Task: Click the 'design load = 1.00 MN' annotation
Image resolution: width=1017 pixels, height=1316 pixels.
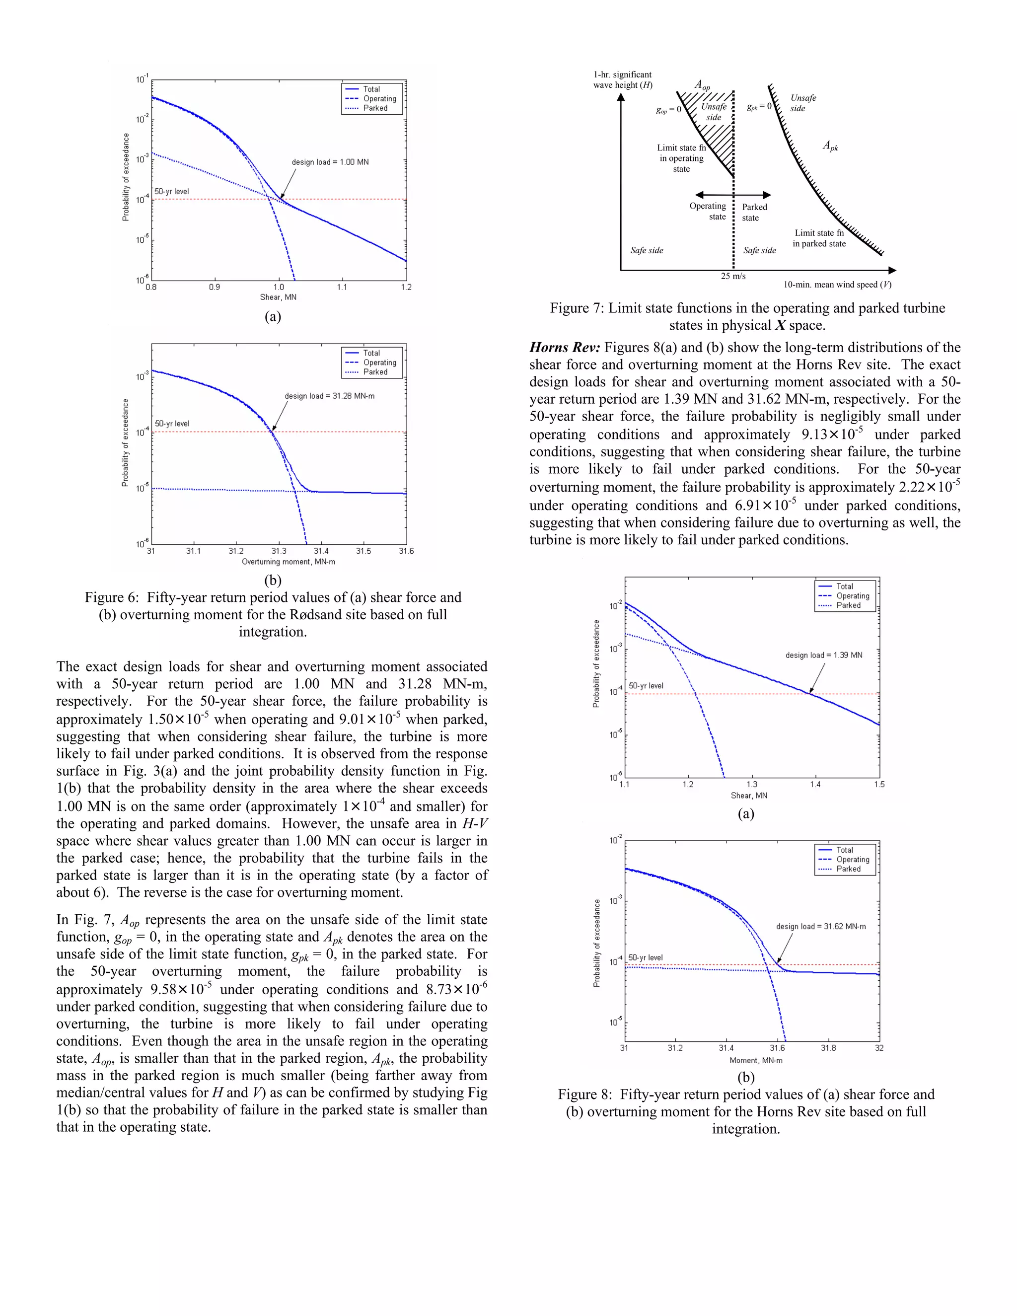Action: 330,162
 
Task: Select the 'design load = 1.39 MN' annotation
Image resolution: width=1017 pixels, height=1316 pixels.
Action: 824,655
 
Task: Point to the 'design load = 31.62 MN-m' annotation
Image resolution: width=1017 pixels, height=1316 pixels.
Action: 820,926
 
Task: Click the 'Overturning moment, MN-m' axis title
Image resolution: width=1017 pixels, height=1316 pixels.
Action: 288,562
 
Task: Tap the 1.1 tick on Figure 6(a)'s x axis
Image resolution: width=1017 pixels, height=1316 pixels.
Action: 342,288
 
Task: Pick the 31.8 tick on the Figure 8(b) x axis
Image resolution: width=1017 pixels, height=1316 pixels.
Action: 828,1048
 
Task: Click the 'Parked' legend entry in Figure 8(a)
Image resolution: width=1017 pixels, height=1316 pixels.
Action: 848,605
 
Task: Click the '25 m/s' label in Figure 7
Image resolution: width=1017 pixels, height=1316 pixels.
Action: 733,277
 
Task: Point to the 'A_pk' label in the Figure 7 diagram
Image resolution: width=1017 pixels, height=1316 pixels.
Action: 830,146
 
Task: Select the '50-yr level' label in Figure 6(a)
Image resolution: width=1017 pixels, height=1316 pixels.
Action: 172,192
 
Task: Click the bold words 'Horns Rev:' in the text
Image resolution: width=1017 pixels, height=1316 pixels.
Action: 565,348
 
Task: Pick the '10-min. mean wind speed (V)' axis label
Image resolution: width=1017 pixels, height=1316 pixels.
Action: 837,285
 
